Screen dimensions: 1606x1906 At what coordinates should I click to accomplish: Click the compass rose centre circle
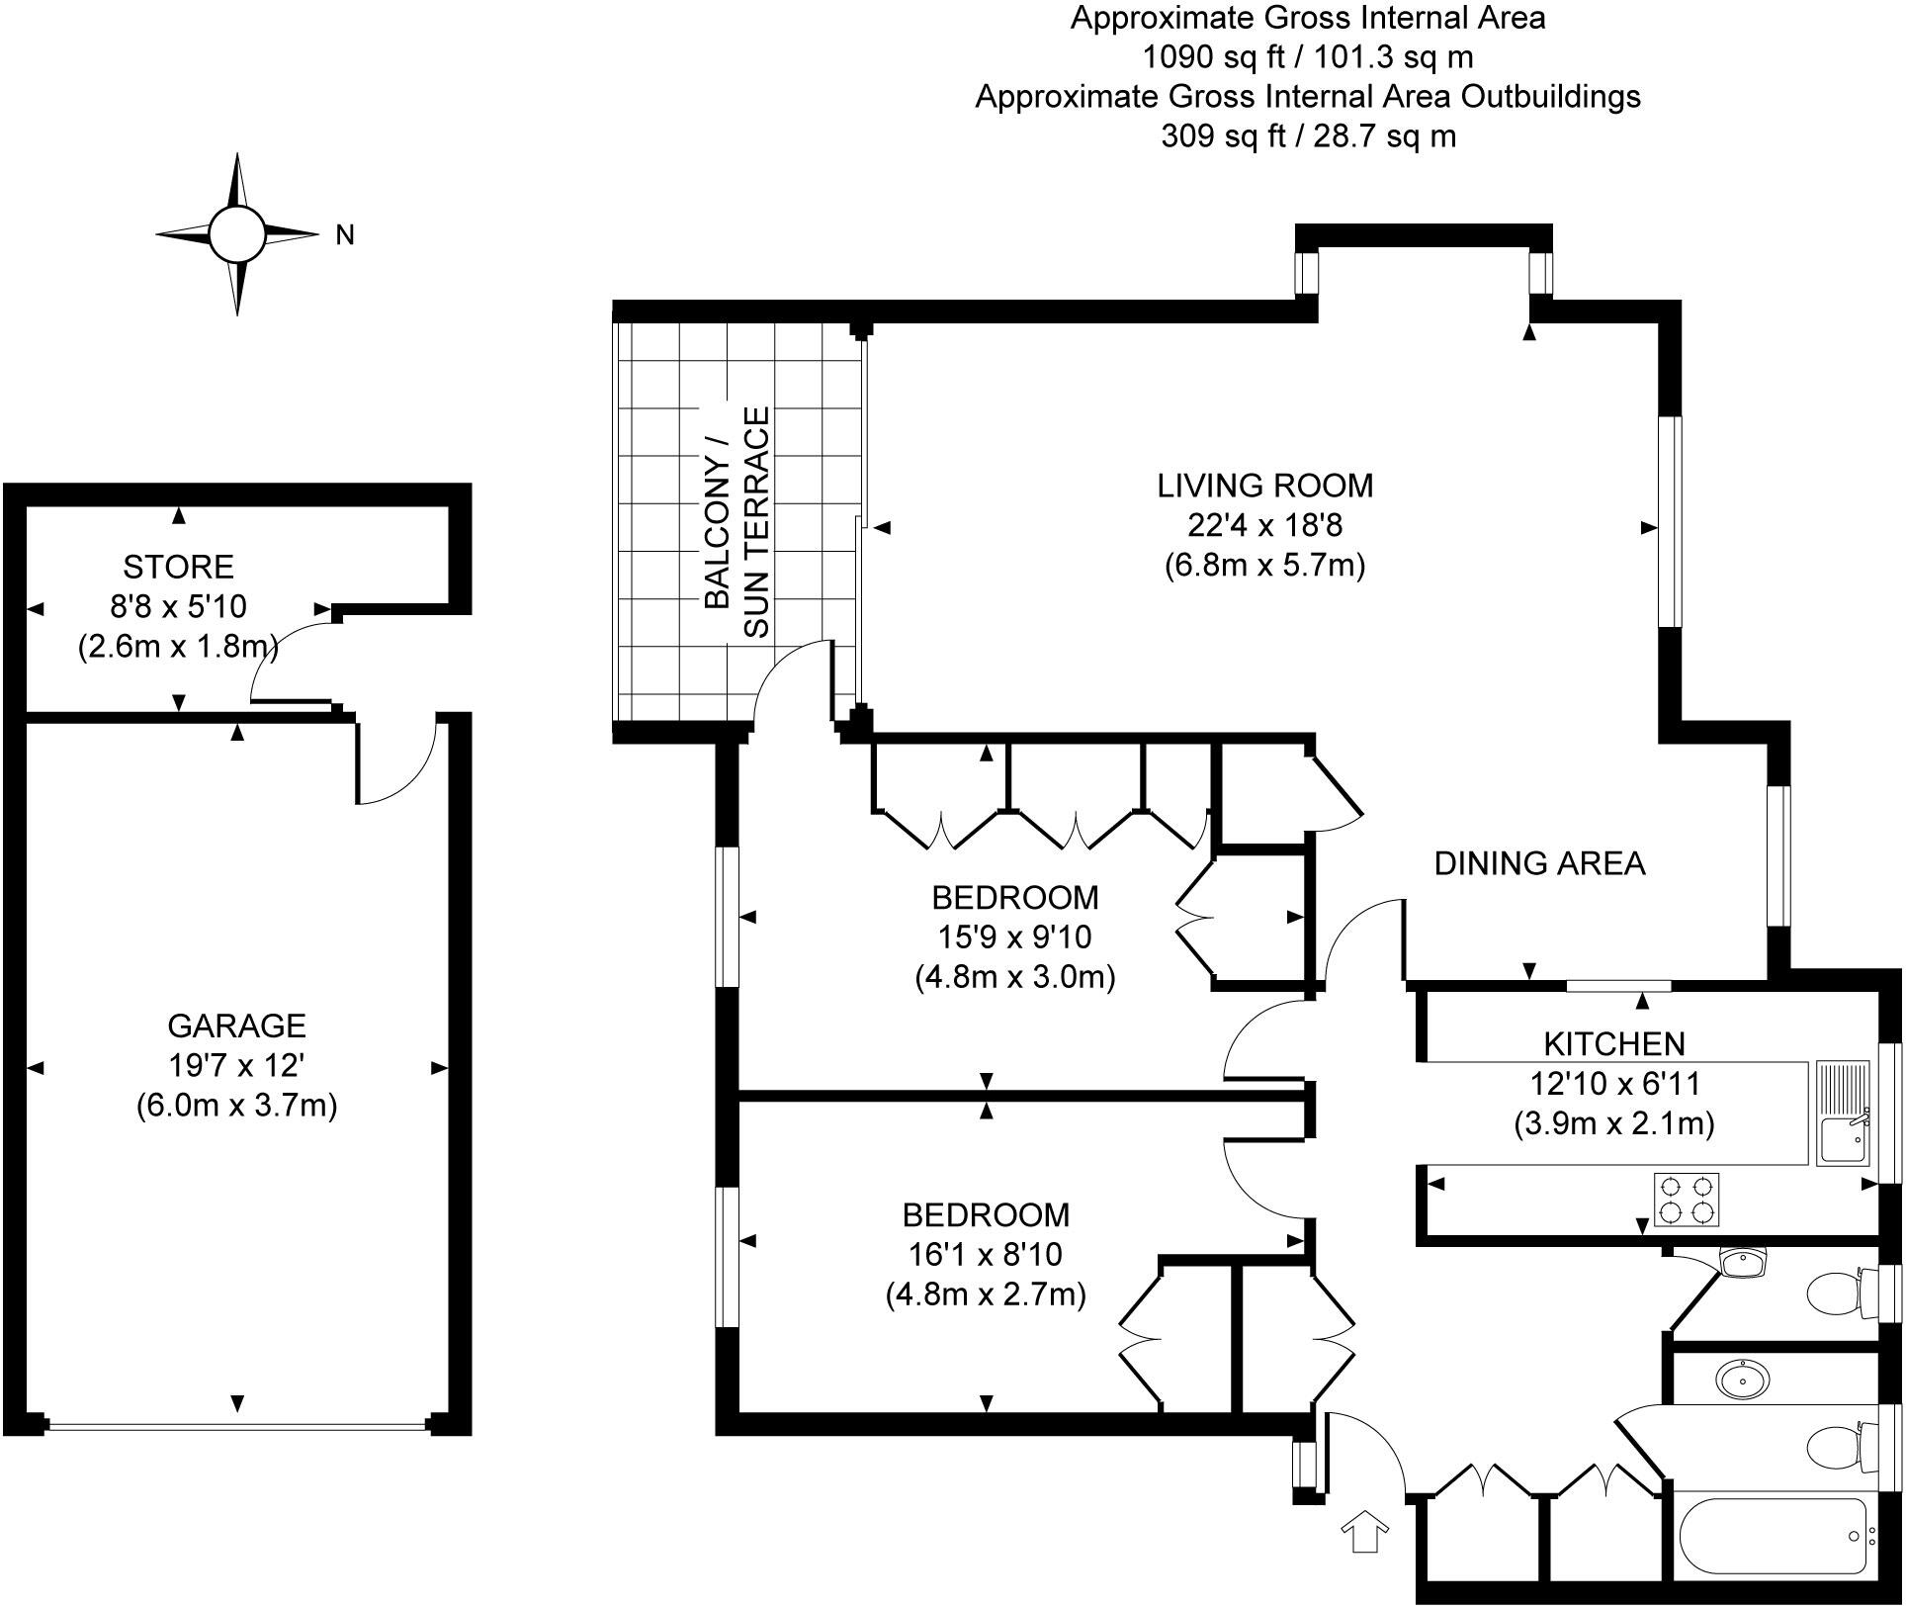click(237, 234)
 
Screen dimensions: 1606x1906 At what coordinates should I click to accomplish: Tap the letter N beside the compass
click(345, 235)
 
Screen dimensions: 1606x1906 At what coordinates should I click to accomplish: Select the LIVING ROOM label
click(1264, 486)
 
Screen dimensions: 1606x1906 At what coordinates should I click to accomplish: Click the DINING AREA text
click(1539, 863)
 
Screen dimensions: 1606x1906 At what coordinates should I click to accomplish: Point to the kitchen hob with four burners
click(1687, 1200)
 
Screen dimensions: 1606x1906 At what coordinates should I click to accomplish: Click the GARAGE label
click(236, 1026)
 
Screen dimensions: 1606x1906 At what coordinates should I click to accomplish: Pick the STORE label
click(178, 567)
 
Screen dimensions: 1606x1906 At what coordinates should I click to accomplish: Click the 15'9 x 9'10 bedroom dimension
click(1014, 937)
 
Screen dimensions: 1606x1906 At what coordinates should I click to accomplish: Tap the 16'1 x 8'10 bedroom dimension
click(985, 1254)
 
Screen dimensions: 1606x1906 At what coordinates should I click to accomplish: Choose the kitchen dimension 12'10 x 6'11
click(1614, 1084)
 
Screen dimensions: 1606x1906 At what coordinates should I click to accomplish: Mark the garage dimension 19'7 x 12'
click(236, 1065)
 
